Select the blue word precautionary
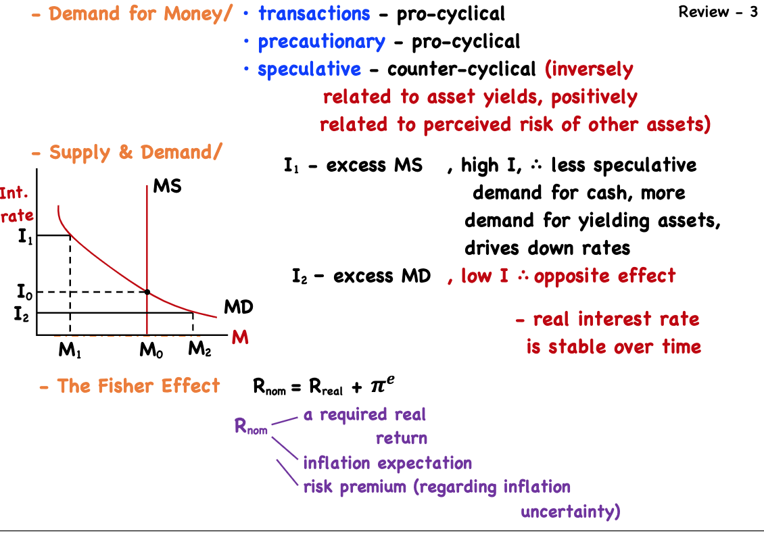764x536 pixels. (x=321, y=42)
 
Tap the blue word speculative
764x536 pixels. (x=309, y=70)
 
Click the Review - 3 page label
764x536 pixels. (x=718, y=12)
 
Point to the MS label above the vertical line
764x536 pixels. (x=167, y=186)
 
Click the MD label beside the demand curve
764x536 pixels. (x=238, y=308)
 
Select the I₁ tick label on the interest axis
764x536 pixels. (x=25, y=237)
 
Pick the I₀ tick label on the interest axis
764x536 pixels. (x=24, y=293)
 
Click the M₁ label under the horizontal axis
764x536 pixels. (x=69, y=350)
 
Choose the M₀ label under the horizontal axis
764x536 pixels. (x=149, y=350)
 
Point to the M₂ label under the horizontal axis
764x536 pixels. (x=199, y=349)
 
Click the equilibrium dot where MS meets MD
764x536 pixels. (x=147, y=292)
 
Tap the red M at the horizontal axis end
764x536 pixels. (x=241, y=337)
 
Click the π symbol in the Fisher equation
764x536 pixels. (x=377, y=387)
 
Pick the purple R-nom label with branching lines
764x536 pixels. (x=251, y=427)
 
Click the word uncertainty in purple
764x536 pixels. (x=569, y=512)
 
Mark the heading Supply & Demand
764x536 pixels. (x=135, y=153)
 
